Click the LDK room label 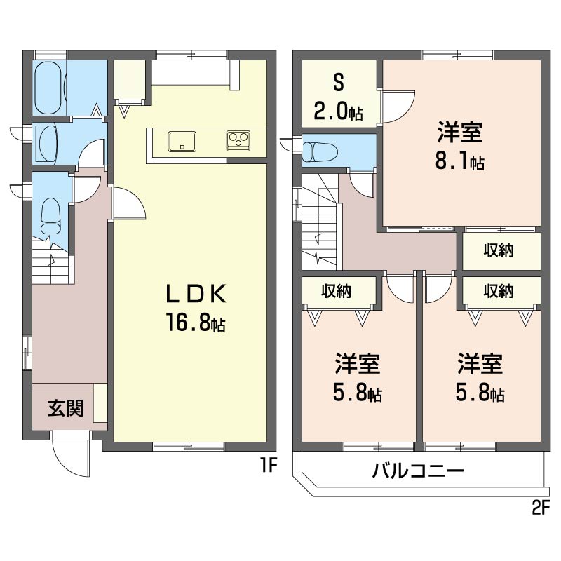click(196, 294)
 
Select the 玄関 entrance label click(66, 408)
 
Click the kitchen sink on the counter click(182, 142)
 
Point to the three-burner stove click(238, 141)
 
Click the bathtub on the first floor click(49, 88)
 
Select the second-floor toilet click(320, 151)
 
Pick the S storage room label click(339, 83)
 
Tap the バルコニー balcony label click(417, 470)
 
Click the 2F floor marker click(540, 508)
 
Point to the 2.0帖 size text click(339, 111)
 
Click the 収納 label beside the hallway click(499, 250)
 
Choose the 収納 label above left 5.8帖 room click(336, 292)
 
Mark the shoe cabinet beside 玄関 click(100, 403)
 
